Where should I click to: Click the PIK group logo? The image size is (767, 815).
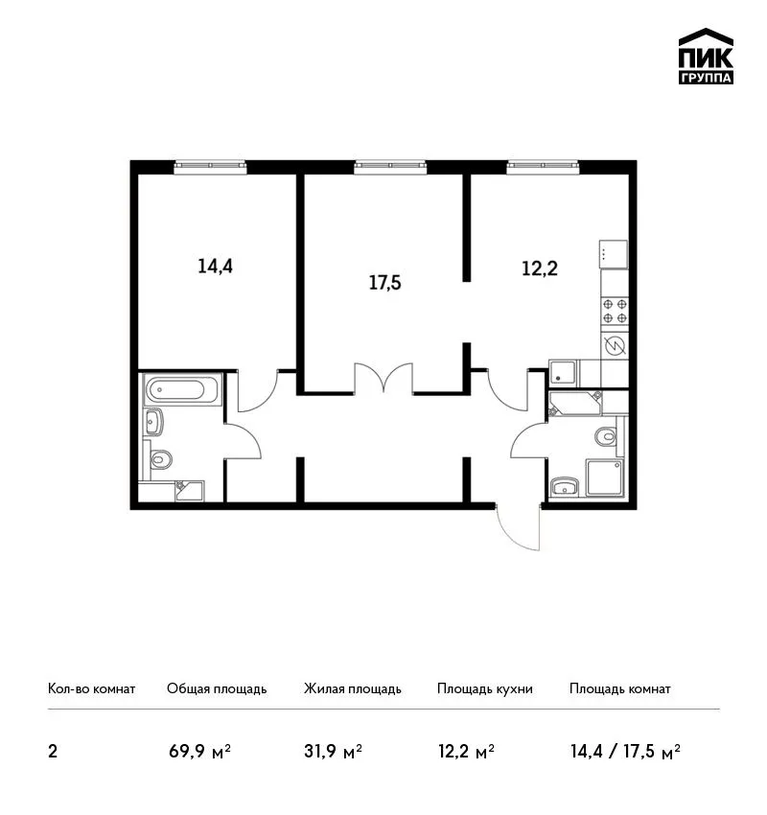706,57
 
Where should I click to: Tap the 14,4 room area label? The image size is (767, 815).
215,267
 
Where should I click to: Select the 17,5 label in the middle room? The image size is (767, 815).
384,283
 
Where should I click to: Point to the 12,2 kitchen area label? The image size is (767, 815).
540,268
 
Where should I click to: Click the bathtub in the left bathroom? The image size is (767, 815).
182,388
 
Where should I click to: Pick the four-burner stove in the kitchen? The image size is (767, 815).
615,311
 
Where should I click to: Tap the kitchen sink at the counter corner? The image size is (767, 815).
563,373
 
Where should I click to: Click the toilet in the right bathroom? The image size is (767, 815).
606,435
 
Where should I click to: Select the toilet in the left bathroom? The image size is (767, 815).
161,459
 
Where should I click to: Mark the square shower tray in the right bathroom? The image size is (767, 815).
604,477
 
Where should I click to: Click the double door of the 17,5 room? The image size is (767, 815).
383,378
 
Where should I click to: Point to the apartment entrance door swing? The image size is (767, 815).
518,527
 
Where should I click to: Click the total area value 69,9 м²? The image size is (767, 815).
199,752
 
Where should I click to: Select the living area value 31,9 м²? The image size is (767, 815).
333,752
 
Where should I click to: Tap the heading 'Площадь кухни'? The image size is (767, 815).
485,689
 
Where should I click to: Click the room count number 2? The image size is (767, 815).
53,752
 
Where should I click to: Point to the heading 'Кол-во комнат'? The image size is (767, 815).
91,688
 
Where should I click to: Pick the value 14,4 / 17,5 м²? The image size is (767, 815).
626,752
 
